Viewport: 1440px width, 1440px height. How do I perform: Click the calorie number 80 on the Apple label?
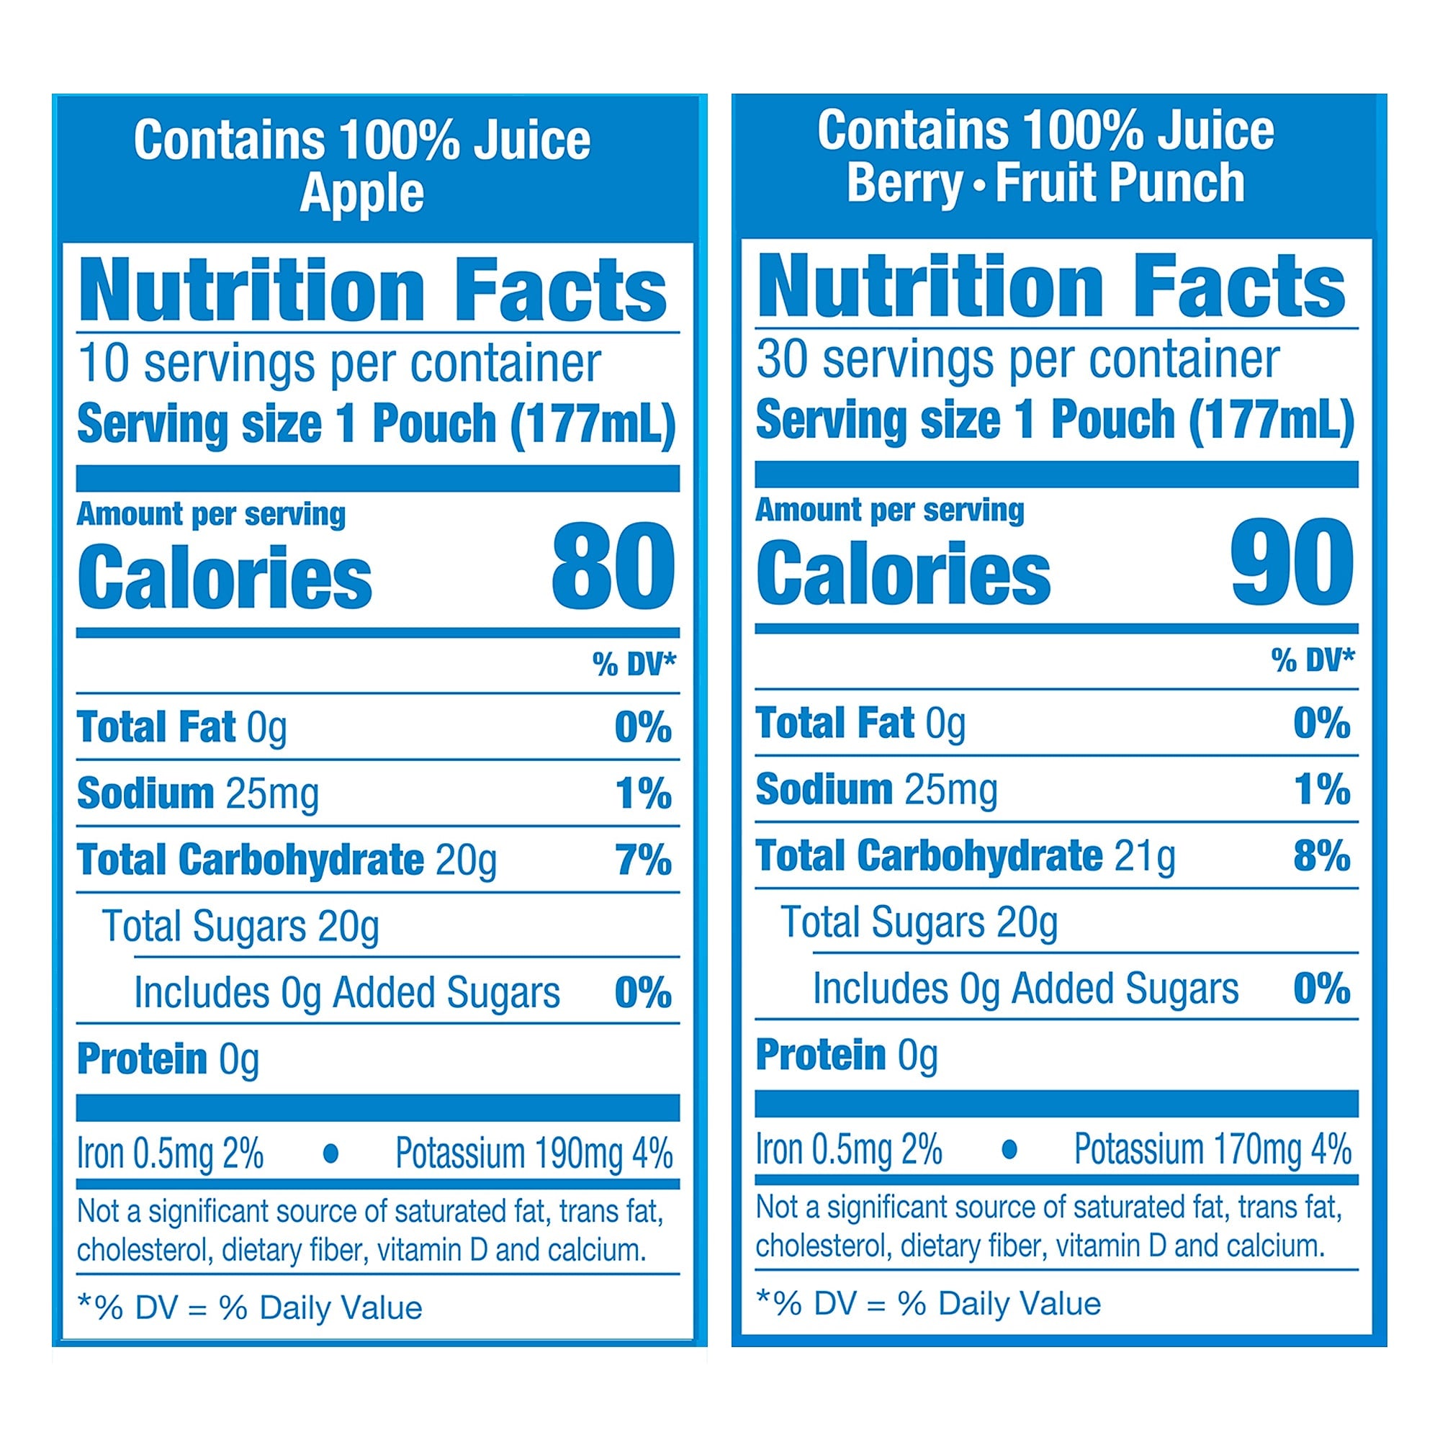(613, 566)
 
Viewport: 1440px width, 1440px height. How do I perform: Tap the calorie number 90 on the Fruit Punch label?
(1292, 562)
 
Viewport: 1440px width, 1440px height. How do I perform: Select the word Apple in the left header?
(361, 194)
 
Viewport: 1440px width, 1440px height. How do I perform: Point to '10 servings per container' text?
(339, 364)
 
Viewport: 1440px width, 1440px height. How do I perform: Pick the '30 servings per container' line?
(1017, 360)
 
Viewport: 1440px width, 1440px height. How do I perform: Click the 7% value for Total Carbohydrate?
(642, 860)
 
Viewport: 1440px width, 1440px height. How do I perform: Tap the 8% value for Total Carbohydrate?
(1321, 855)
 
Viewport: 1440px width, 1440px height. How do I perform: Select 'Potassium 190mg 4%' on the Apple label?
(534, 1153)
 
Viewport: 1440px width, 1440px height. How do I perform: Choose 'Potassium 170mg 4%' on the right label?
(1212, 1149)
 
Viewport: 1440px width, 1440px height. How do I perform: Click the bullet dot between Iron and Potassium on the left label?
(331, 1153)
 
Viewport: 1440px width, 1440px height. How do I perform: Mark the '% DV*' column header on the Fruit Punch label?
(1313, 660)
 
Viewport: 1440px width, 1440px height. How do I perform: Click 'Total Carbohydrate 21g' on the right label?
(966, 855)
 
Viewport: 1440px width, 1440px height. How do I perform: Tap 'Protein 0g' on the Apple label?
(168, 1059)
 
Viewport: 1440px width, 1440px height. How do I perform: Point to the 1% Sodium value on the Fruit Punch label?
(1321, 789)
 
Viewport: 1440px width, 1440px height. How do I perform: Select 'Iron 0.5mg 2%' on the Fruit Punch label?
(849, 1149)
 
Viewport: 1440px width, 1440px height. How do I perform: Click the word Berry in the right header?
(905, 184)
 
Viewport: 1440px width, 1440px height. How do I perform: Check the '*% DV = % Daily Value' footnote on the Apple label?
(250, 1308)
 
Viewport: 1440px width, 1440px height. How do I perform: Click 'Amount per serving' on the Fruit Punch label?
(889, 510)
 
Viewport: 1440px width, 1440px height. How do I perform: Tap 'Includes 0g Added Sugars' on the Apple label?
(346, 993)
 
